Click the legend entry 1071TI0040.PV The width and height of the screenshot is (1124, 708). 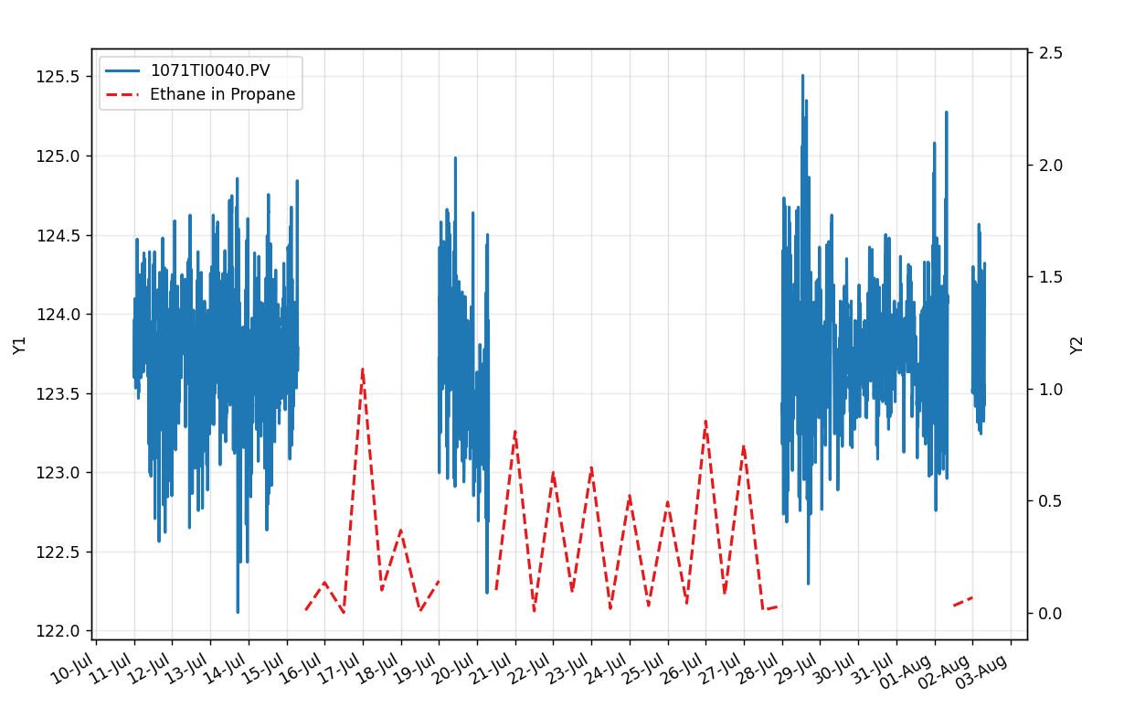pyautogui.click(x=210, y=70)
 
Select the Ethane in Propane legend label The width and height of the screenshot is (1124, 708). pyautogui.click(x=222, y=94)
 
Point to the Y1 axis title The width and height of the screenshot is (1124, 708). pyautogui.click(x=20, y=345)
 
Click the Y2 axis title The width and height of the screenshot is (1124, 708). pyautogui.click(x=1076, y=345)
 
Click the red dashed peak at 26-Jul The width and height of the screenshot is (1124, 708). pyautogui.click(x=705, y=422)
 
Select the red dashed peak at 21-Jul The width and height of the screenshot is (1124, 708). pyautogui.click(x=515, y=431)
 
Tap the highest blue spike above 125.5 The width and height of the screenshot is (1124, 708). pyautogui.click(x=802, y=76)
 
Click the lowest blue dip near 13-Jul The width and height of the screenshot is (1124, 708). pyautogui.click(x=238, y=611)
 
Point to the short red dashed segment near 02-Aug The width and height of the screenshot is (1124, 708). pyautogui.click(x=962, y=601)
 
